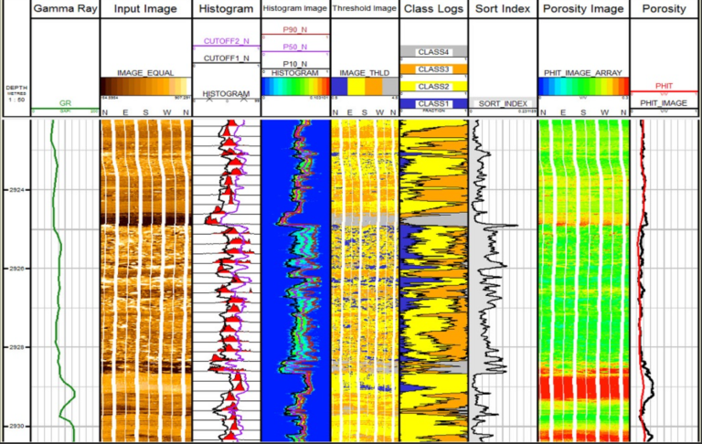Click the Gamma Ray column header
click(x=65, y=9)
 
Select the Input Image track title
click(x=145, y=9)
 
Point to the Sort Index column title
click(x=503, y=9)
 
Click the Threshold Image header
click(x=364, y=9)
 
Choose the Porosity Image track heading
click(x=583, y=9)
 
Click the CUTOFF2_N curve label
click(x=226, y=42)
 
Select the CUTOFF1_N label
click(x=226, y=58)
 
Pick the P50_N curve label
click(x=294, y=47)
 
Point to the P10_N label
click(x=294, y=63)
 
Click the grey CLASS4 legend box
click(x=433, y=52)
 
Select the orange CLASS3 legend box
click(x=433, y=69)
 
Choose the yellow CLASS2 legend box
click(x=433, y=87)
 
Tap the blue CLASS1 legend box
click(x=433, y=104)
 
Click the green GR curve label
click(x=65, y=104)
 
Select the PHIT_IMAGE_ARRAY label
click(x=583, y=73)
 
